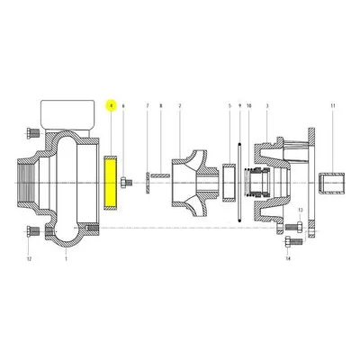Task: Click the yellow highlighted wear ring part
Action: coord(111,183)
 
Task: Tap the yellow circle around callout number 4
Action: coord(112,105)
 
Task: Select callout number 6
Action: coord(123,106)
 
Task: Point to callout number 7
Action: coord(148,106)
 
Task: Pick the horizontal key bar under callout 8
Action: coord(160,175)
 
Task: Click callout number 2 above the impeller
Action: coord(180,106)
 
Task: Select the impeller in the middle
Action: coord(194,183)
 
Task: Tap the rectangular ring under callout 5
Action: coord(229,183)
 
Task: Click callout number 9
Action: coord(239,106)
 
